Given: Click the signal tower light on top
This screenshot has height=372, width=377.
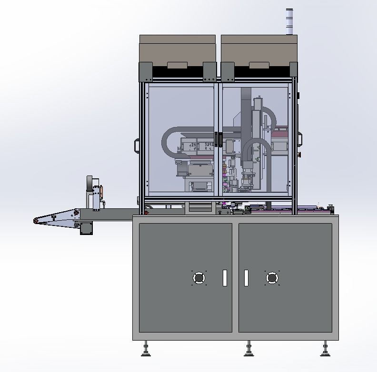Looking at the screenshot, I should tap(289, 21).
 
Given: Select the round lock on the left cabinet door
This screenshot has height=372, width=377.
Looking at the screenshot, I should tap(198, 278).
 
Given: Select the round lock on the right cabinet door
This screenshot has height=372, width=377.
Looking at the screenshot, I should tap(271, 278).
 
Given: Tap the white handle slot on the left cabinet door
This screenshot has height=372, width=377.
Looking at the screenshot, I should tap(225, 278).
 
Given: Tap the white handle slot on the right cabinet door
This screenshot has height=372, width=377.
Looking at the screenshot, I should tap(246, 278).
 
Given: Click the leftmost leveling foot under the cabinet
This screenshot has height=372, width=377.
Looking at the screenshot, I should tap(146, 350).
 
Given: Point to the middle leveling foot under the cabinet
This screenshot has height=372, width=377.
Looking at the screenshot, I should tap(248, 350).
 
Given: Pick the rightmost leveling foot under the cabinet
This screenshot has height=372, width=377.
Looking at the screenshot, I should tap(325, 350).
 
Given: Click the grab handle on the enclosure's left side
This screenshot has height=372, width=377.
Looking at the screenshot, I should tap(137, 146).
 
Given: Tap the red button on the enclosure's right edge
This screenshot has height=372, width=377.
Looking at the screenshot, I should tap(299, 155).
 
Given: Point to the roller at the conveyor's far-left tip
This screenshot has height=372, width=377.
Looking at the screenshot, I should tap(36, 220).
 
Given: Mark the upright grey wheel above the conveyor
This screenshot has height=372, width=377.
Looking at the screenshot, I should tap(89, 184).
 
